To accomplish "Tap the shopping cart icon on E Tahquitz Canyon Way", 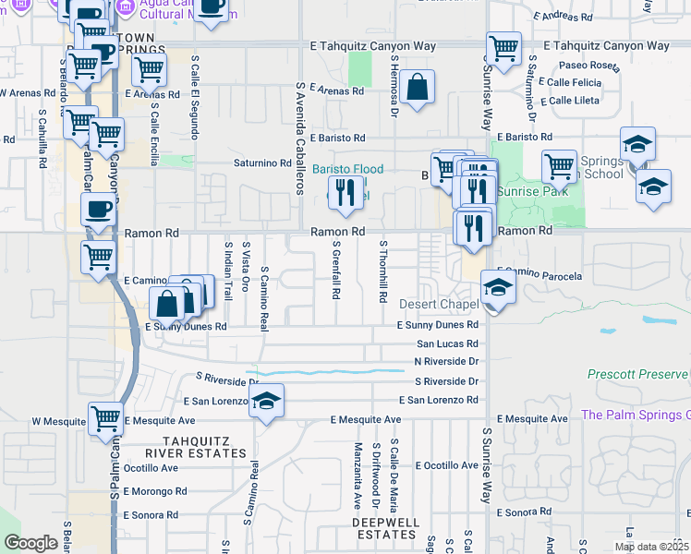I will (503, 48).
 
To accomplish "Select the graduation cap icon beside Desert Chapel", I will (498, 287).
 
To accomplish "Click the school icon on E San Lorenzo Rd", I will (266, 402).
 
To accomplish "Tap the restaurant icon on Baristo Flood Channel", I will (342, 192).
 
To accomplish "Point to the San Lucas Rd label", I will (447, 343).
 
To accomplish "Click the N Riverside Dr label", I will (446, 361).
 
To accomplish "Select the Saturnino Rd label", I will (261, 163).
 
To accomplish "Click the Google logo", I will (30, 543).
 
